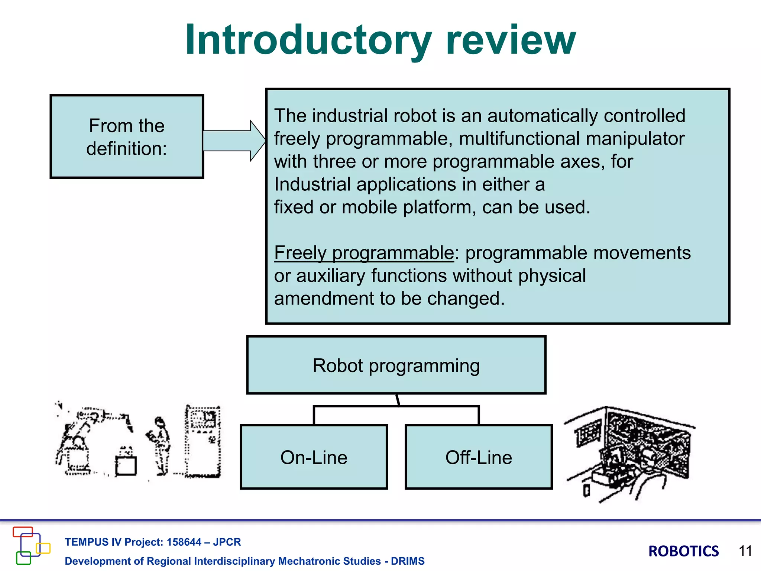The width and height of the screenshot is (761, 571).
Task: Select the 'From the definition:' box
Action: [x=127, y=136]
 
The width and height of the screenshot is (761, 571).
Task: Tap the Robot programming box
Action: [x=396, y=365]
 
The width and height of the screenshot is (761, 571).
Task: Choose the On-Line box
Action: [x=314, y=457]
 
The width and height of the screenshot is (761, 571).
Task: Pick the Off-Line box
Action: [x=479, y=457]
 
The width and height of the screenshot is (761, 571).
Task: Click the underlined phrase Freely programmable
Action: [x=364, y=253]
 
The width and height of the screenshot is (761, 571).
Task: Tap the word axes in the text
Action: [x=582, y=162]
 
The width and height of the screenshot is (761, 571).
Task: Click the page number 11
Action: [x=745, y=551]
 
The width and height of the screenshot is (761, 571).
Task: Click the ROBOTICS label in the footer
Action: [x=683, y=551]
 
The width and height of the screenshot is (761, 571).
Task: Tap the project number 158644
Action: [x=184, y=542]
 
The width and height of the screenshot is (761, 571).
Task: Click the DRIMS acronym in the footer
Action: [x=407, y=561]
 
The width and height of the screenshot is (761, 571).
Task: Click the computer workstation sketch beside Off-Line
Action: [x=630, y=454]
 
